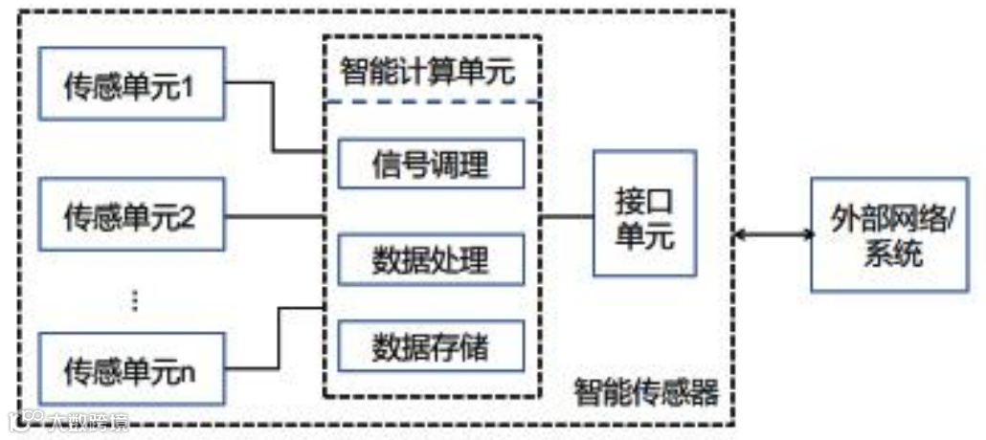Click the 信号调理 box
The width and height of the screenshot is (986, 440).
point(430,165)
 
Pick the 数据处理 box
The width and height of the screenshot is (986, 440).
point(430,258)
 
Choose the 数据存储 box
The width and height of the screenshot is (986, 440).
point(430,344)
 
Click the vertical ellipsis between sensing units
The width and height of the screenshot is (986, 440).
point(134,300)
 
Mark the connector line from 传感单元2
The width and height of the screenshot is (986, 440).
point(273,215)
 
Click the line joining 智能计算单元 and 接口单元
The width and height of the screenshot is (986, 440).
point(566,216)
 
